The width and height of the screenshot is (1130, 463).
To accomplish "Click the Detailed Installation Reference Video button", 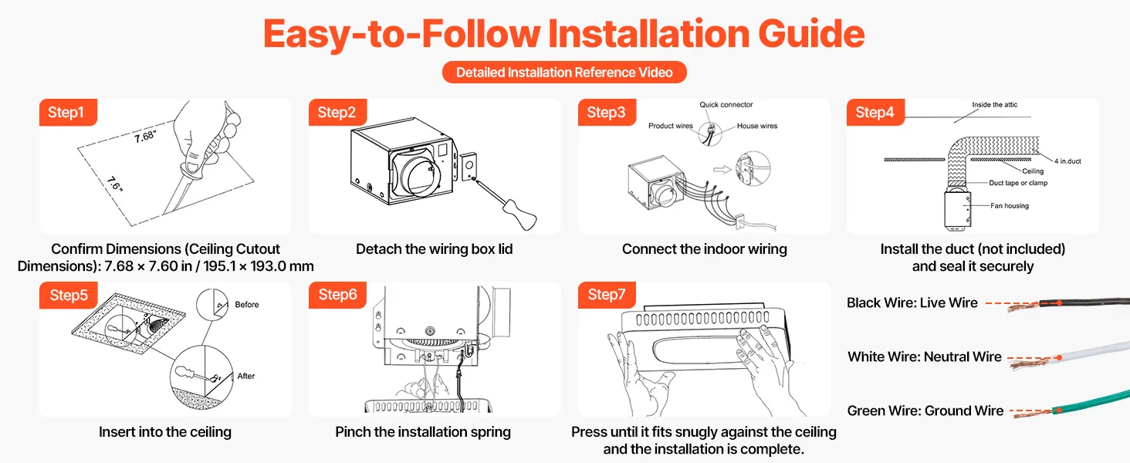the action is click(564, 72).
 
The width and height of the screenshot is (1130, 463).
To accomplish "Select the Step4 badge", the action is click(875, 112).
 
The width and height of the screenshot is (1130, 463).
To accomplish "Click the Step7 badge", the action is click(607, 295).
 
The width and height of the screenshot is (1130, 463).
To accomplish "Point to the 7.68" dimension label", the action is click(145, 136).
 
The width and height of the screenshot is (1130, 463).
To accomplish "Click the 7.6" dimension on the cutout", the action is click(115, 184).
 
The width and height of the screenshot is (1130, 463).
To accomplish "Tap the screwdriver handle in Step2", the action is click(520, 215).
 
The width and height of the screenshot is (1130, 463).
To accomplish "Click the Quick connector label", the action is click(726, 104).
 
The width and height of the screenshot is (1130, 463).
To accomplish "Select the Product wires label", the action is click(671, 126).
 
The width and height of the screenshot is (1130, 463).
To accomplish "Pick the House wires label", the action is click(756, 126).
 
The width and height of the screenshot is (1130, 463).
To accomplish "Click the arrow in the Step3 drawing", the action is click(722, 170).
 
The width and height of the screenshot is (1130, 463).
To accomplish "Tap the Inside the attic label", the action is click(994, 104).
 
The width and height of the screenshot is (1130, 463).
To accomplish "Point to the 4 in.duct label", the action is click(1067, 161).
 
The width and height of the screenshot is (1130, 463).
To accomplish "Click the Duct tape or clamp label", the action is click(1018, 183).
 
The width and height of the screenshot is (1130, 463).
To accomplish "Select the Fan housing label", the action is click(1010, 205).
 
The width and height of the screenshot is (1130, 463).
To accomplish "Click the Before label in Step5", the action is click(247, 305).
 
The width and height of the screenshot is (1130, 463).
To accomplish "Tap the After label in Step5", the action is click(246, 376).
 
